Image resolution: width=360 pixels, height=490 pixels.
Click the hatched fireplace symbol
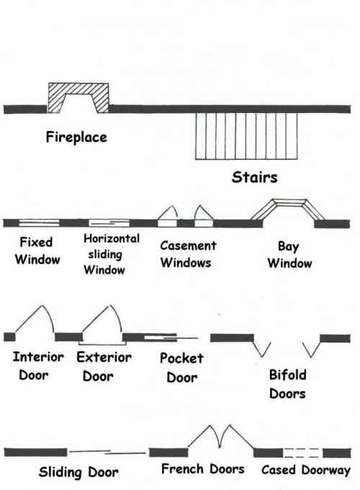coord(78,97)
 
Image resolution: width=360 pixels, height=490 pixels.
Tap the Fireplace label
coord(76,136)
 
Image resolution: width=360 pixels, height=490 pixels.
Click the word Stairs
coord(254,176)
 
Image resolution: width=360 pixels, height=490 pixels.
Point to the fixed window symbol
coord(39,223)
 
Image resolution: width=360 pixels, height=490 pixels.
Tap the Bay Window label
coord(289,255)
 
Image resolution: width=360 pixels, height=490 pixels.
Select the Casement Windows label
coord(187,254)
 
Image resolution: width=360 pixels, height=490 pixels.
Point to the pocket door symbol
coord(169,337)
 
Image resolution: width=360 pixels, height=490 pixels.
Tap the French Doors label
coord(202,470)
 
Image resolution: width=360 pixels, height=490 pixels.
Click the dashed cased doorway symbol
coord(302,453)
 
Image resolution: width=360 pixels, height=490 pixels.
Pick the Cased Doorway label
coord(305,470)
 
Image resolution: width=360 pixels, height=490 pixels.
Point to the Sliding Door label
coord(78,472)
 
